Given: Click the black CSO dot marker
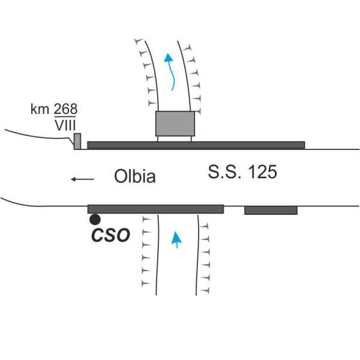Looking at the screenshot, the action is [x=95, y=220].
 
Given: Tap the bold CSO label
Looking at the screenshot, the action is [x=110, y=235].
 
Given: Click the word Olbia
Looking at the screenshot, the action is [x=135, y=176].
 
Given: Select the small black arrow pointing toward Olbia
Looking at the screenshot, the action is [x=82, y=179].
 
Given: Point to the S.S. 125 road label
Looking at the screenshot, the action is [x=242, y=172].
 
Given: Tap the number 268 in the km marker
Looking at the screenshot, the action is [x=65, y=109].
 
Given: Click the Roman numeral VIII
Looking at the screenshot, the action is [x=65, y=125].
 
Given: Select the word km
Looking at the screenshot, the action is [x=40, y=109].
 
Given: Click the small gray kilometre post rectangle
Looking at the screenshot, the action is [x=77, y=141].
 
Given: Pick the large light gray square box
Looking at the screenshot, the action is [x=175, y=124].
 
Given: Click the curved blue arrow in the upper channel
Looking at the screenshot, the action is [x=170, y=71].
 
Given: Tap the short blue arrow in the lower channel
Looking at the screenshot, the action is [x=176, y=239].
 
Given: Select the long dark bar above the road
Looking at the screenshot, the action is [x=196, y=145].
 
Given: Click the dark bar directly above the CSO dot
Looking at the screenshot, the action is [x=155, y=209].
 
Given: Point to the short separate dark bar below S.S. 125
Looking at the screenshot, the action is [x=271, y=211].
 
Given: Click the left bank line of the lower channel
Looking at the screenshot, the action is [x=157, y=255].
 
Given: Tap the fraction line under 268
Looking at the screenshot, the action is [x=65, y=116].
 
